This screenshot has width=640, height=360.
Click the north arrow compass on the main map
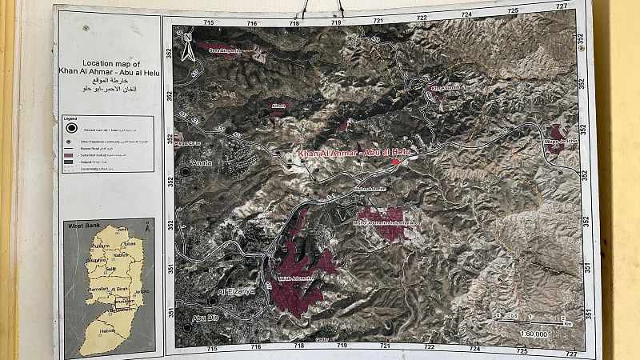[x=187, y=46]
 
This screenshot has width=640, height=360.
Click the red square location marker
[x=395, y=162]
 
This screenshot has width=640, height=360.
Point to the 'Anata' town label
[x=201, y=163]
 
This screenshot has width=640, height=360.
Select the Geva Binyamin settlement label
[x=225, y=50]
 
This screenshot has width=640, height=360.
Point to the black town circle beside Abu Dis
[x=187, y=327]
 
